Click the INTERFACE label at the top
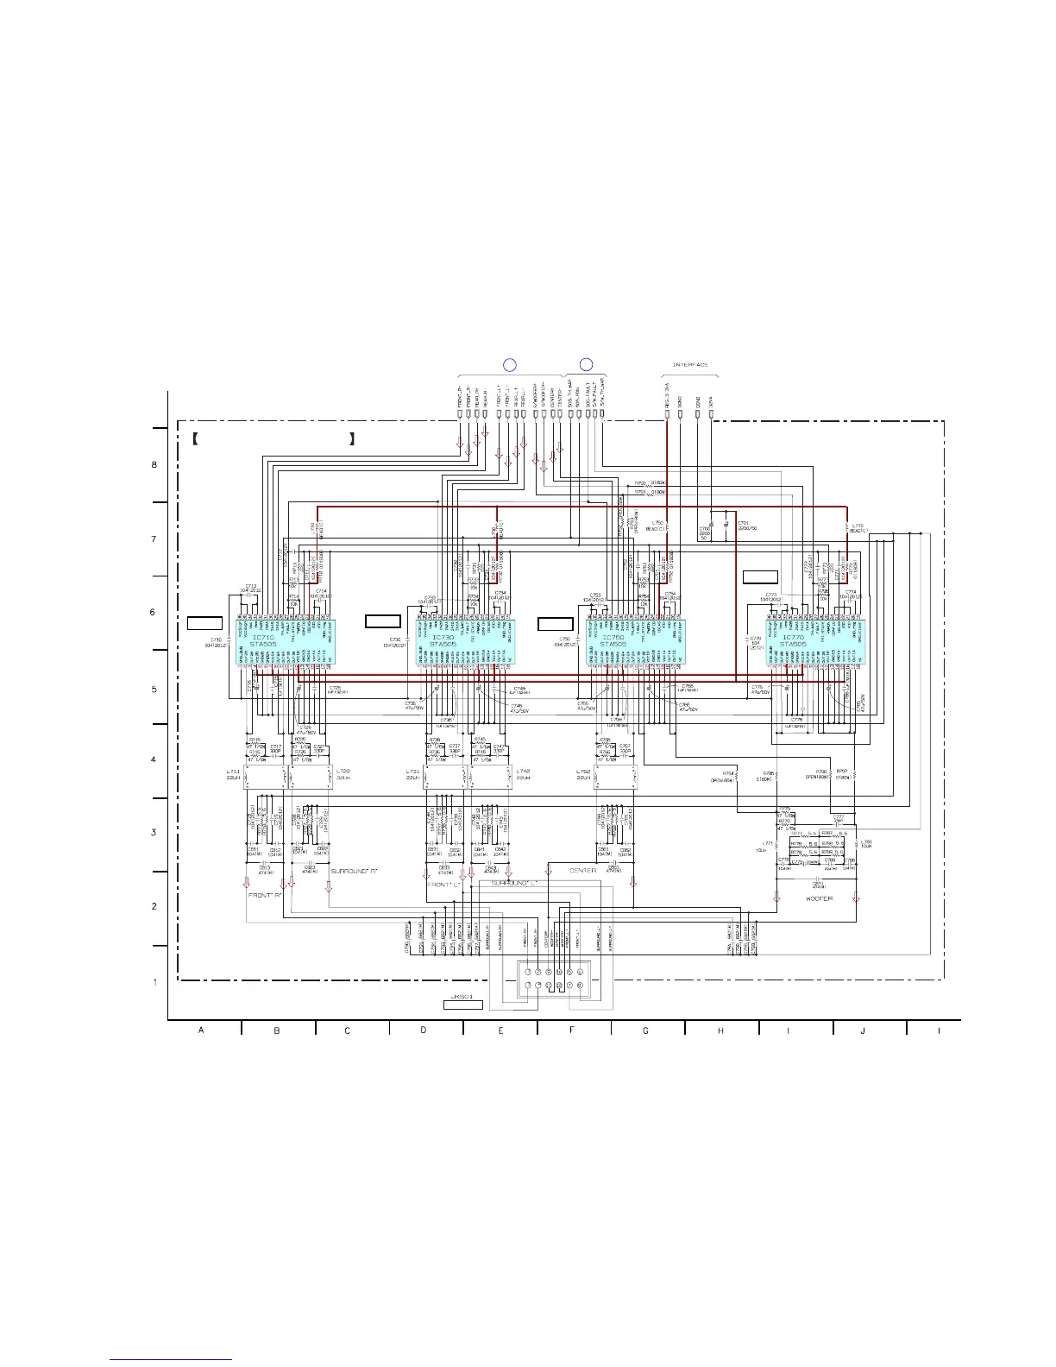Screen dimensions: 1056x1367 pos(690,365)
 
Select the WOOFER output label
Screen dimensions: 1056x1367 pos(819,899)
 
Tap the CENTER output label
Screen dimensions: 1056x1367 pos(583,871)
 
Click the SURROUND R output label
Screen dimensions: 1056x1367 pos(355,872)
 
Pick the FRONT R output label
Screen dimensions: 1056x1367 pos(266,894)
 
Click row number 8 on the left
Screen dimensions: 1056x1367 pos(154,465)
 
